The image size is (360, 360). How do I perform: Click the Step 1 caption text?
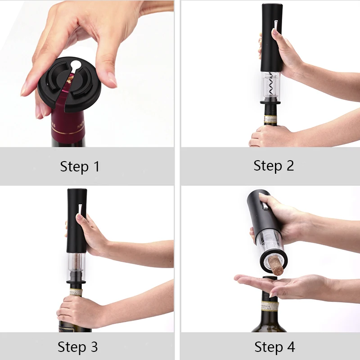(80, 166)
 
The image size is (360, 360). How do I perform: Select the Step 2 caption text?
(274, 165)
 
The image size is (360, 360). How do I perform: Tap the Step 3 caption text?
(77, 347)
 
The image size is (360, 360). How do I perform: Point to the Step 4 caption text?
(274, 347)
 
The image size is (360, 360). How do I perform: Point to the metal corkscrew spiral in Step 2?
(271, 83)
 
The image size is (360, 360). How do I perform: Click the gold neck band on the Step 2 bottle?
(270, 119)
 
